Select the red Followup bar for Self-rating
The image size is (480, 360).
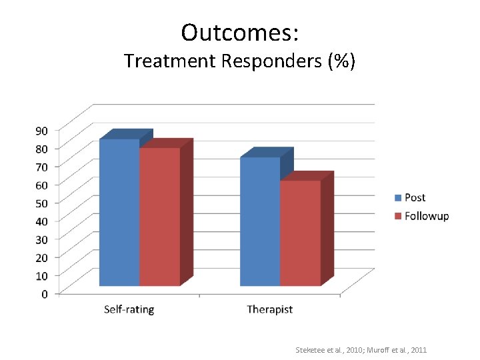coord(159,217)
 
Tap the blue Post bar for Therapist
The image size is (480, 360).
coord(260,221)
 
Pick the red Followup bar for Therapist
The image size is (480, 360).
coord(300,233)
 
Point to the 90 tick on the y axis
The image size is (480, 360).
coord(41,131)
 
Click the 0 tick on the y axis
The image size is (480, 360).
coord(45,294)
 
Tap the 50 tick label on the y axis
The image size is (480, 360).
coord(41,203)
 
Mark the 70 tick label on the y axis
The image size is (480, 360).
coord(41,167)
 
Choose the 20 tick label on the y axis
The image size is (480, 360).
coord(41,257)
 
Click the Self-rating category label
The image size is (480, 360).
coord(129,309)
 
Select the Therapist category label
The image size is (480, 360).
coord(269,309)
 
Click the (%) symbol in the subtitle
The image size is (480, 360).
coord(341,61)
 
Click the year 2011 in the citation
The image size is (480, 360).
coord(418,350)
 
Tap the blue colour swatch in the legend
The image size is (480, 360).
coord(398,197)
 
